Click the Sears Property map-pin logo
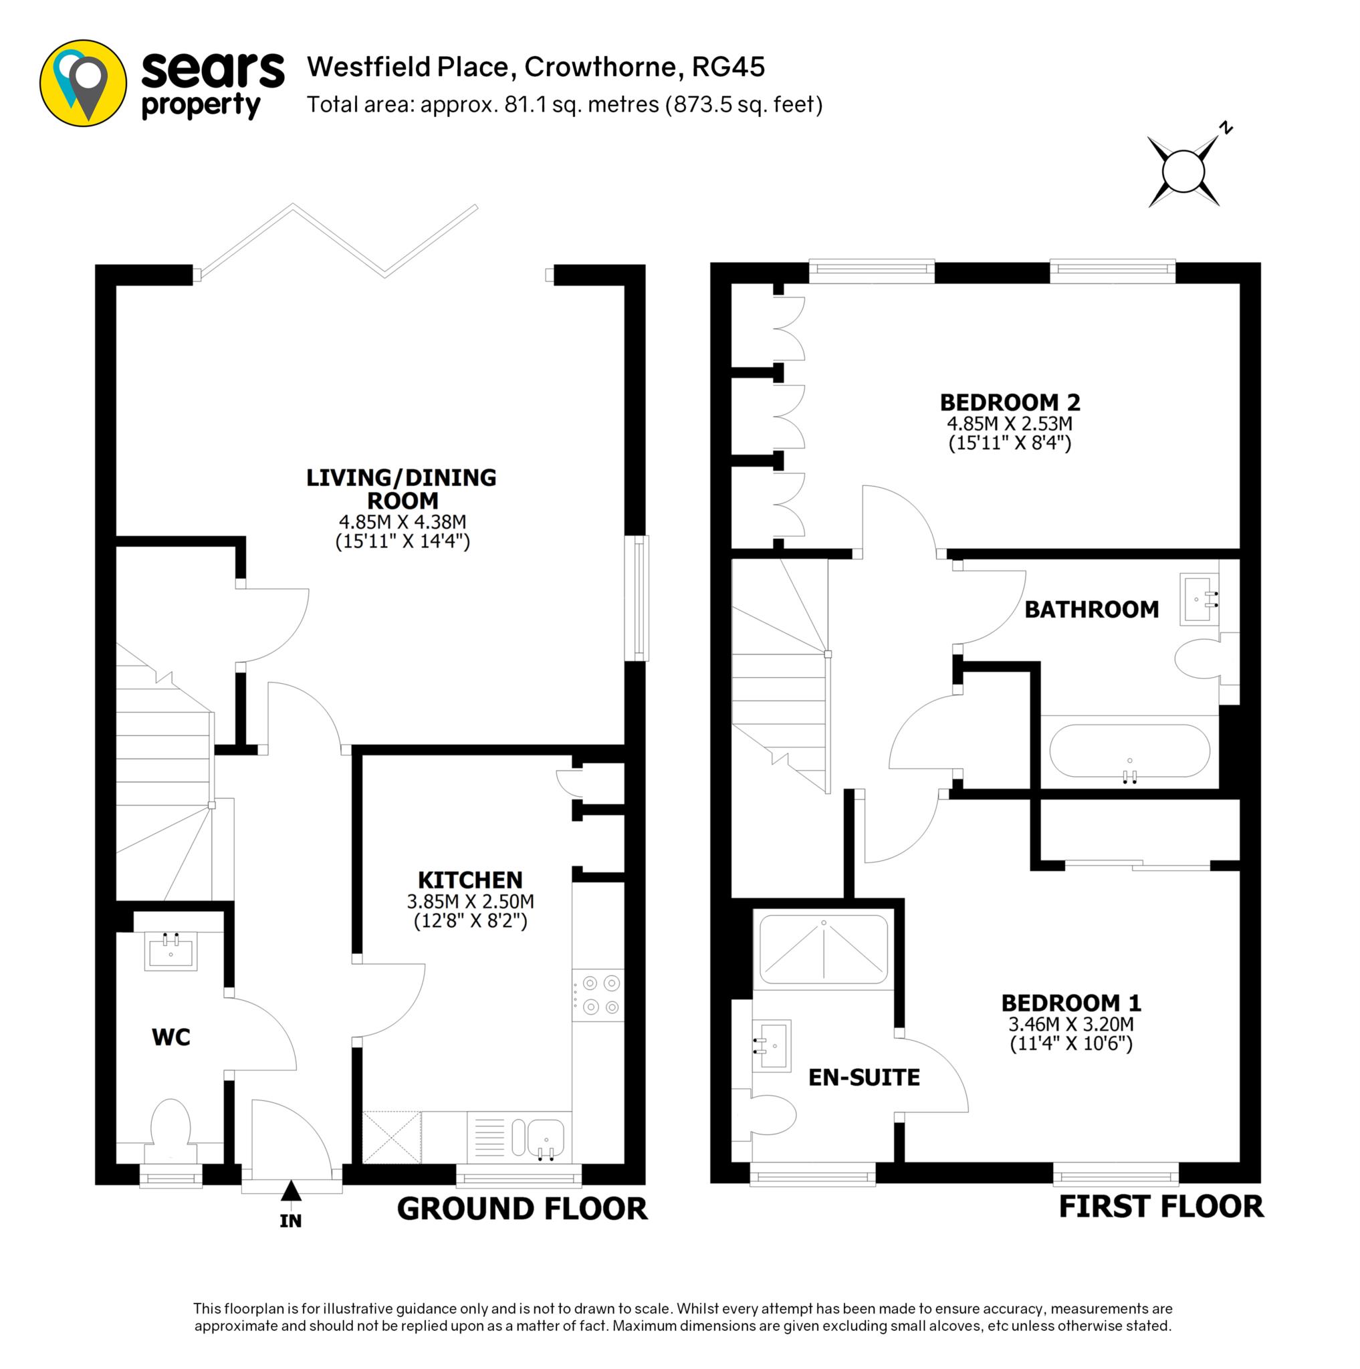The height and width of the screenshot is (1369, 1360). [83, 84]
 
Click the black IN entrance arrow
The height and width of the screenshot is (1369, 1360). [291, 1191]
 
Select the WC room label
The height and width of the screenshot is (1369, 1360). [171, 1037]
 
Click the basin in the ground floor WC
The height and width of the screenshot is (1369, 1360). [171, 951]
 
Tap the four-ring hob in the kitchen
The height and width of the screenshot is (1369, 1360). [598, 995]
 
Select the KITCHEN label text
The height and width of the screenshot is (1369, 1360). [470, 880]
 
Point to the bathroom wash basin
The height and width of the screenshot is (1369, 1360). [1199, 600]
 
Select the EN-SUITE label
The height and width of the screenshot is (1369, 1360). [864, 1078]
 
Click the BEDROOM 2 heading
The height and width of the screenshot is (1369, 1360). [1010, 402]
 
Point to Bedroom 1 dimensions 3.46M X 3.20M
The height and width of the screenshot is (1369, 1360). [1071, 1024]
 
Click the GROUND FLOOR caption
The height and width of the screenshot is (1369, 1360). [522, 1208]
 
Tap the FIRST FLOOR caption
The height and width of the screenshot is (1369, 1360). [1161, 1206]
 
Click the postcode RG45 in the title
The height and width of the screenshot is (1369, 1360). [728, 68]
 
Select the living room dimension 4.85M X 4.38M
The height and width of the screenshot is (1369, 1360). [403, 522]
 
